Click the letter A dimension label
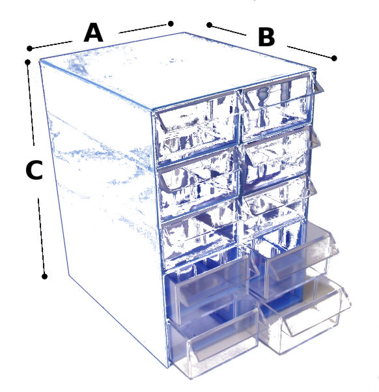(x=93, y=33)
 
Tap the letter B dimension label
(x=266, y=38)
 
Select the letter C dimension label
(x=35, y=170)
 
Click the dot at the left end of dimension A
(x=29, y=48)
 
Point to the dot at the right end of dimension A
(x=171, y=23)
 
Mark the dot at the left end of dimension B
(x=210, y=25)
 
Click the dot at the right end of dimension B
(x=334, y=58)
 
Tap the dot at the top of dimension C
(x=28, y=62)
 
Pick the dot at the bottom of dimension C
(x=44, y=277)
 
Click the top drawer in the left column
(x=196, y=126)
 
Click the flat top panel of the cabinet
(x=175, y=71)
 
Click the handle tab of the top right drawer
(x=318, y=85)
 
